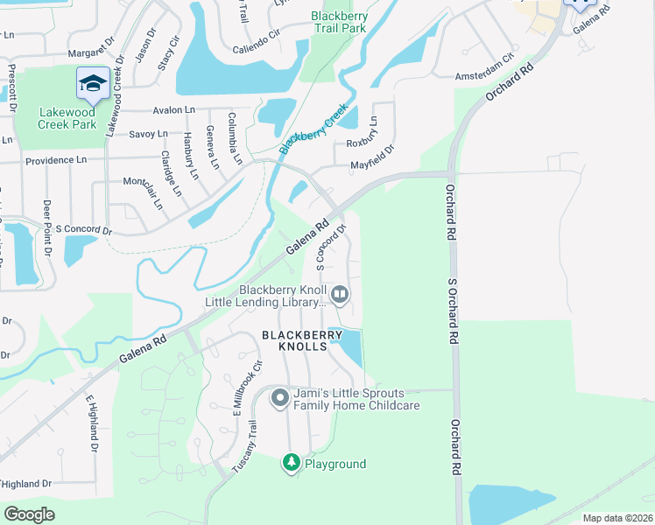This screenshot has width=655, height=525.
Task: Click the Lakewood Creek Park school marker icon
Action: tap(93, 83)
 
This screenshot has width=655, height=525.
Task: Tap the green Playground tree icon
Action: tap(291, 463)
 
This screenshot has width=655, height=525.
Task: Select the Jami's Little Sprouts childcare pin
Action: tap(280, 398)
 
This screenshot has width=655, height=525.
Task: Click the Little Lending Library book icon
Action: tap(340, 295)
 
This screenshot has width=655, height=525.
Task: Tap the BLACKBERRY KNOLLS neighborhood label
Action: tap(294, 340)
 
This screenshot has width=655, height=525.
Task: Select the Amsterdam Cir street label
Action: tap(484, 72)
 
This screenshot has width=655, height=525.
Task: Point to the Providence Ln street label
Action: tap(56, 161)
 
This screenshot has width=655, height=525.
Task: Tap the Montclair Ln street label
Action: tap(148, 192)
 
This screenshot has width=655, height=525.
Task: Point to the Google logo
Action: tap(30, 514)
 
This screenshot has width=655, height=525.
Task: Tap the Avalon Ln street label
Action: tap(173, 110)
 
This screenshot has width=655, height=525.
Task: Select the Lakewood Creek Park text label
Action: tap(67, 118)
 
